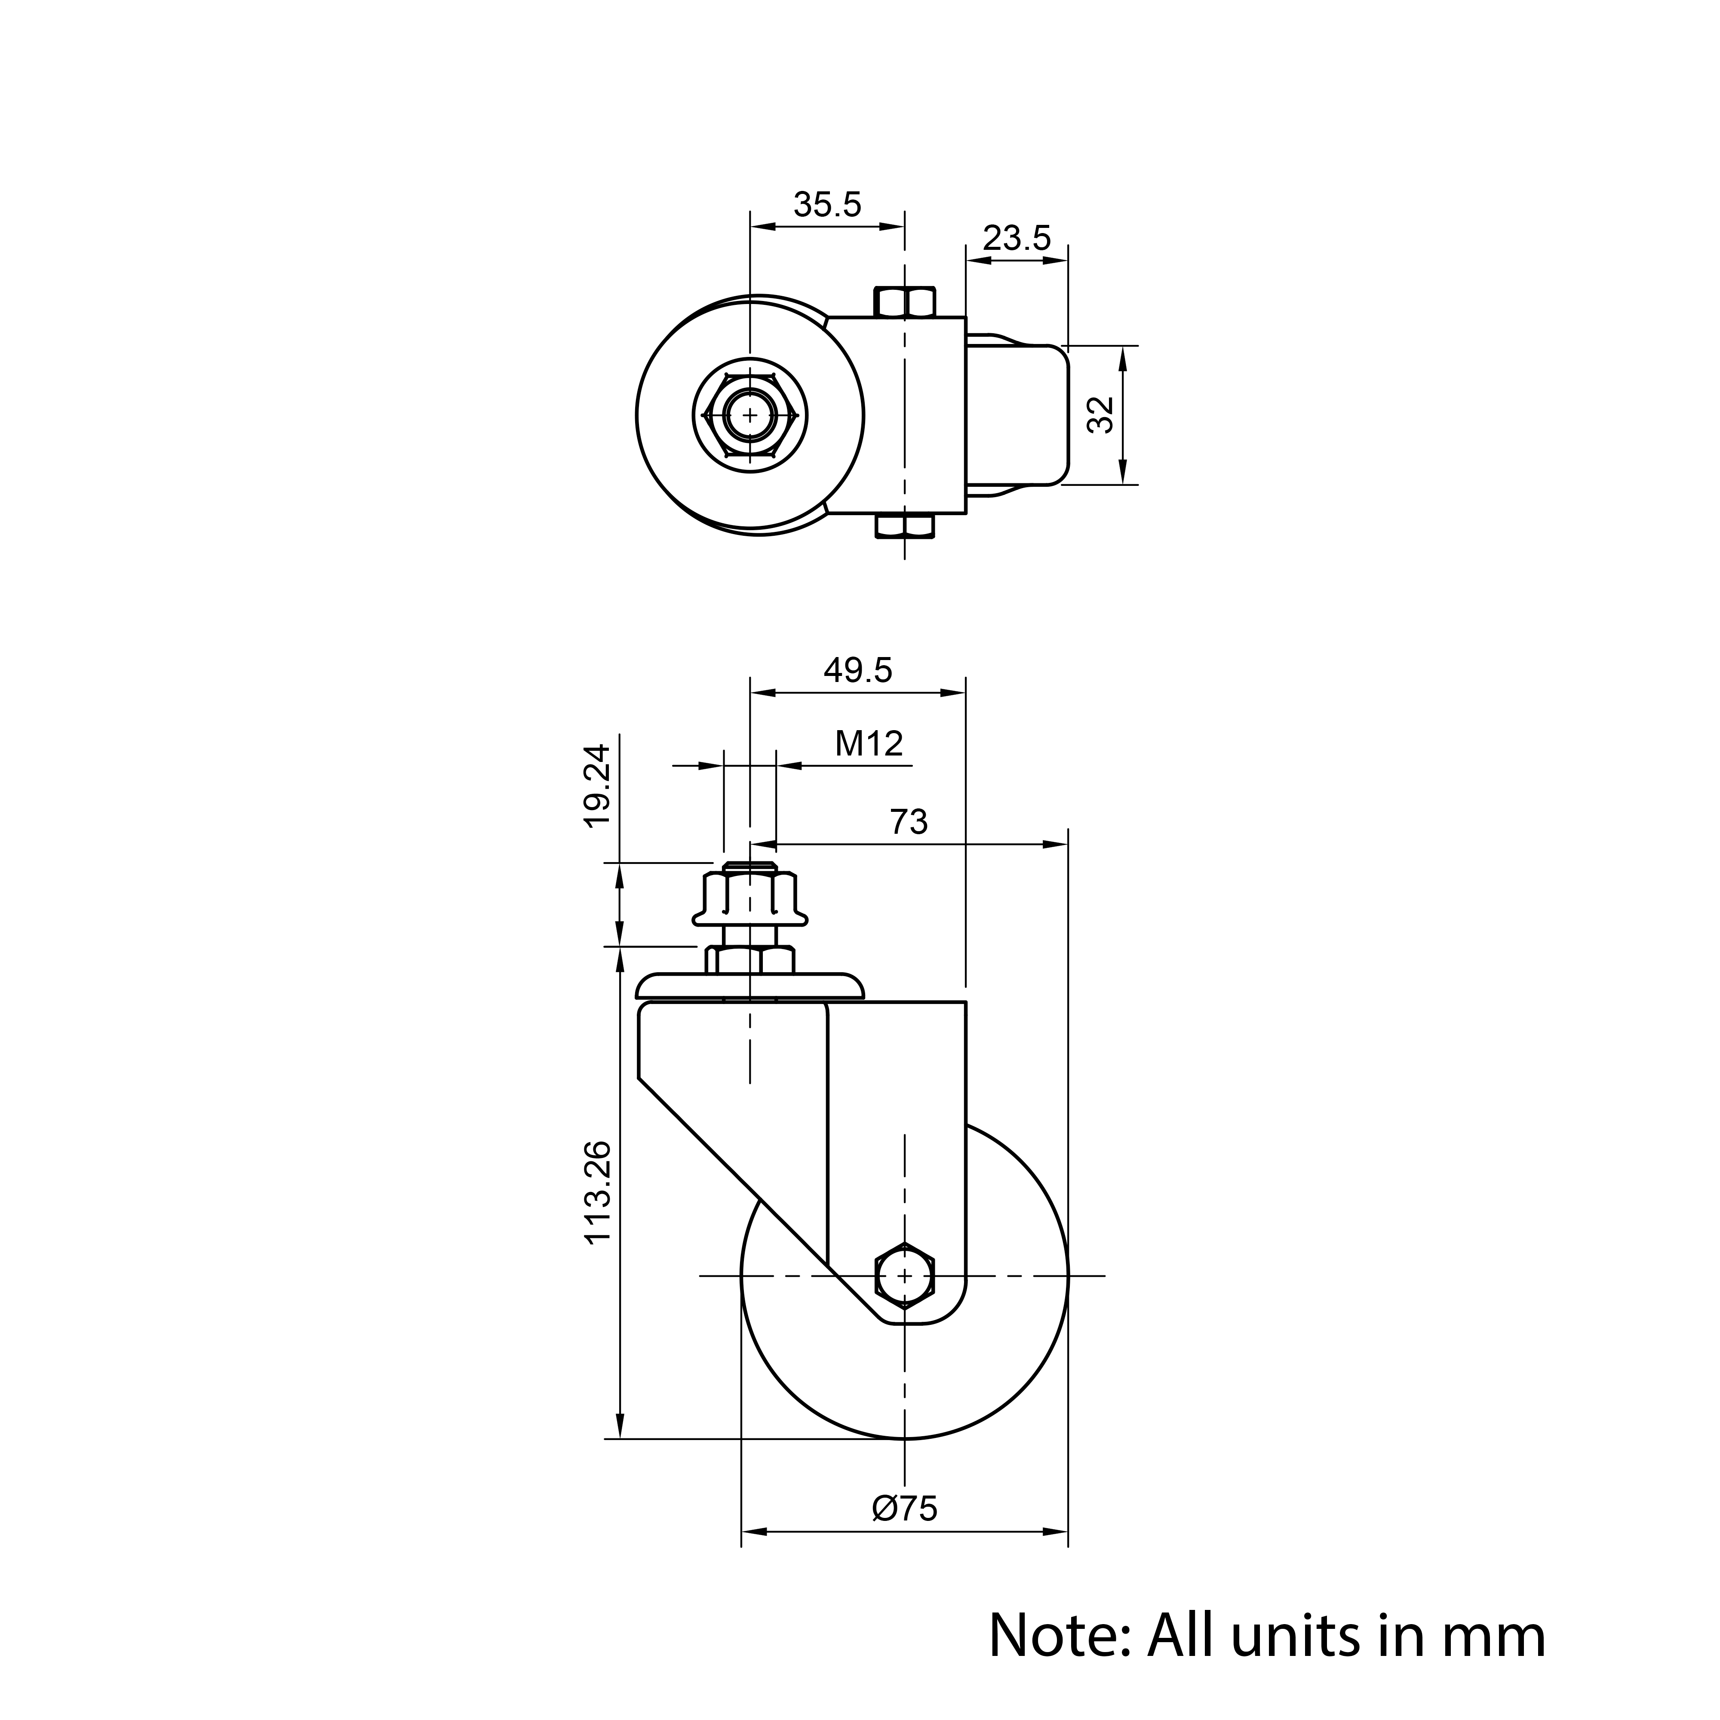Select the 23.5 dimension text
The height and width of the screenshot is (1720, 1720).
click(1017, 239)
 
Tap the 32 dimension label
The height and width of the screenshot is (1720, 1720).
click(1101, 415)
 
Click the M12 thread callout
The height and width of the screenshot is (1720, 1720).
click(869, 743)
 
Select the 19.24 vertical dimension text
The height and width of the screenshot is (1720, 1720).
click(597, 786)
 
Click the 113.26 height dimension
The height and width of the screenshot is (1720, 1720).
click(597, 1192)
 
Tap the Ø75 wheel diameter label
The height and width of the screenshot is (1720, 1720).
click(905, 1508)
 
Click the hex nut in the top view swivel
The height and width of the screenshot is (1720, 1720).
click(749, 415)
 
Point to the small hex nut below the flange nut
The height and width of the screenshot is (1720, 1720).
click(749, 960)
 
